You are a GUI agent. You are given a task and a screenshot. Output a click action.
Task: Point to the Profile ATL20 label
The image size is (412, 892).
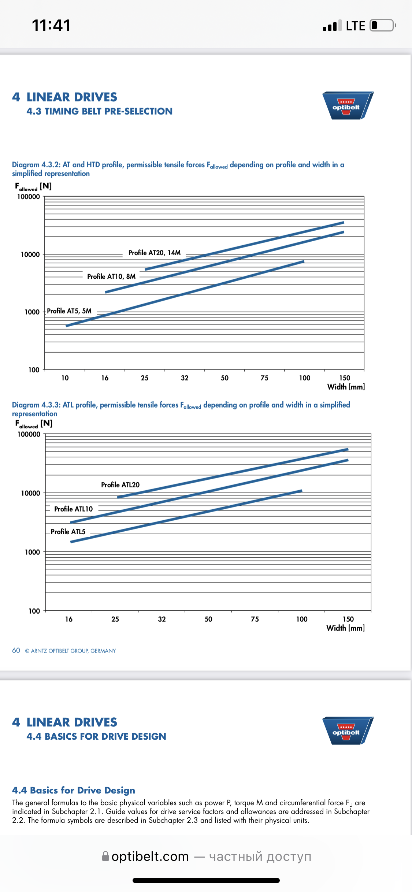tap(120, 485)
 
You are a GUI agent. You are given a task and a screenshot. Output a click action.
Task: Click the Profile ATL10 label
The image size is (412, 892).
tap(73, 509)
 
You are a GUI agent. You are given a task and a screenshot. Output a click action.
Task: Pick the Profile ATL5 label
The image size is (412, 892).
tap(68, 532)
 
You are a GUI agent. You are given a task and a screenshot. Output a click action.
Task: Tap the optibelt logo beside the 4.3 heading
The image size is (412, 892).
tap(348, 105)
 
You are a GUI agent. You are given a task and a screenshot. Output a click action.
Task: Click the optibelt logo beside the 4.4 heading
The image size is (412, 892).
tap(348, 731)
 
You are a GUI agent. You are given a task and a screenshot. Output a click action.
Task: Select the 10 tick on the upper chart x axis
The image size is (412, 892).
tap(65, 378)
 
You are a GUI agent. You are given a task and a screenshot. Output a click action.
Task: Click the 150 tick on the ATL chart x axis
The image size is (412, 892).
tap(348, 619)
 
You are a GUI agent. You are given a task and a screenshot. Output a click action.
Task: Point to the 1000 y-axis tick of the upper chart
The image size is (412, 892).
tap(32, 312)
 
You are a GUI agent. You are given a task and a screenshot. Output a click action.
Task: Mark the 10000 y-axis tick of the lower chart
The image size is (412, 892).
tap(30, 493)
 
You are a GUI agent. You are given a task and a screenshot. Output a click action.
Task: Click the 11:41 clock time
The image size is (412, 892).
tap(51, 26)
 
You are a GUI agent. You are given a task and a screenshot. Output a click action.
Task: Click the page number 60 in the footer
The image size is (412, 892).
tap(16, 650)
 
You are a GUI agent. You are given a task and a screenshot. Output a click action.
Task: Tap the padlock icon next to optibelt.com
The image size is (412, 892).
tap(105, 856)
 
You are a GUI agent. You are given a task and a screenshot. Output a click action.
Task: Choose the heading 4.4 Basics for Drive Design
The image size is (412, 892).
tap(73, 790)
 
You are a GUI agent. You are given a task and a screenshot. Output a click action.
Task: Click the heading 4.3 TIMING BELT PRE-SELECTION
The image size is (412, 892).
tap(99, 111)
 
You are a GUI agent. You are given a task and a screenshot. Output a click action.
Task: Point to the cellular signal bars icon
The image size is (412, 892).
tap(332, 26)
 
